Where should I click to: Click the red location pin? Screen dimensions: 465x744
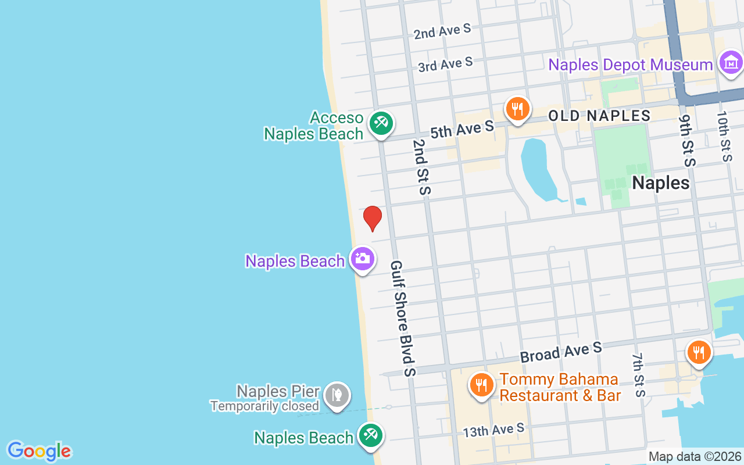coord(373,218)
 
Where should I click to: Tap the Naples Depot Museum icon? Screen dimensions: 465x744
coord(731,63)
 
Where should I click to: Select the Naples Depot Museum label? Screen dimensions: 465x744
coord(631,65)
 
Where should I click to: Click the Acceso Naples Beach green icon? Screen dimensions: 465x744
coord(381,123)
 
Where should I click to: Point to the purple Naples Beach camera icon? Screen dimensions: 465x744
coord(362,259)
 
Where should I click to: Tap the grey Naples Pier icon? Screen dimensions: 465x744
coord(337,395)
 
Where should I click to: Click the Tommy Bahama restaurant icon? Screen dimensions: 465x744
coord(481,385)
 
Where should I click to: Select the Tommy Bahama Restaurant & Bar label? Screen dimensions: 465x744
coord(560,388)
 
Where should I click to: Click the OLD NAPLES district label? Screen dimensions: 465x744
coord(599,116)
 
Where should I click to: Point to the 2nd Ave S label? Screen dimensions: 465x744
coord(442,31)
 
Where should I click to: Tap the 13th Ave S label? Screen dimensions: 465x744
coord(493,431)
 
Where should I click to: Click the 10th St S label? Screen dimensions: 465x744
coord(724,137)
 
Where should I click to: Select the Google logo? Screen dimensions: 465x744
coord(39,451)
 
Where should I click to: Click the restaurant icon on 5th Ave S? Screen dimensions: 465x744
coord(516,109)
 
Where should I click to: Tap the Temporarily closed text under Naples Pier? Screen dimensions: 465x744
coord(264,406)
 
